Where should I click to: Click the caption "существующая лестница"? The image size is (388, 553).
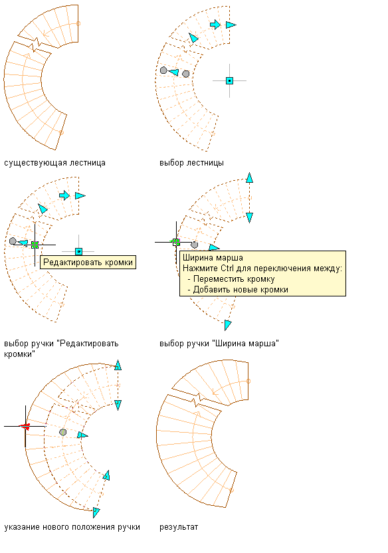click(x=54, y=163)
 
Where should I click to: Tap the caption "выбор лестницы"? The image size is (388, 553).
click(x=191, y=163)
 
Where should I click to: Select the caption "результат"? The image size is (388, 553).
click(x=179, y=527)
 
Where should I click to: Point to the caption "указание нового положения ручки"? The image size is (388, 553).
click(x=72, y=527)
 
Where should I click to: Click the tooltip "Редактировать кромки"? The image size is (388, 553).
click(x=88, y=263)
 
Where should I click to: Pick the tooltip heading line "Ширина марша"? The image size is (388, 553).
click(x=213, y=258)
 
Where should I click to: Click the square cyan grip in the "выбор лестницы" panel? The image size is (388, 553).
click(x=229, y=81)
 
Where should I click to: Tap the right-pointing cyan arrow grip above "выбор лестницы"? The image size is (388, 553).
click(x=215, y=25)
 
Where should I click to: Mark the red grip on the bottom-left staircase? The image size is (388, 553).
click(x=25, y=427)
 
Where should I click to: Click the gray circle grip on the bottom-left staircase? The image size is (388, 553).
click(x=62, y=432)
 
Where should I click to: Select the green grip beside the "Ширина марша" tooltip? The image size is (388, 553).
click(x=176, y=242)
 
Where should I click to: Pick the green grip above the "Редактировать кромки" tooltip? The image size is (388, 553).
click(x=35, y=245)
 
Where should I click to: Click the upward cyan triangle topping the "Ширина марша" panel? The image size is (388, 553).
click(x=250, y=177)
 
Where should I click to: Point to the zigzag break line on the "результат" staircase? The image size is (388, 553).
click(x=199, y=401)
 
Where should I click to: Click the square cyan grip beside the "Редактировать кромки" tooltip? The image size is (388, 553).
click(x=78, y=251)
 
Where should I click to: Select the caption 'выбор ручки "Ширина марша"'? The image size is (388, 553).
click(x=219, y=344)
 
